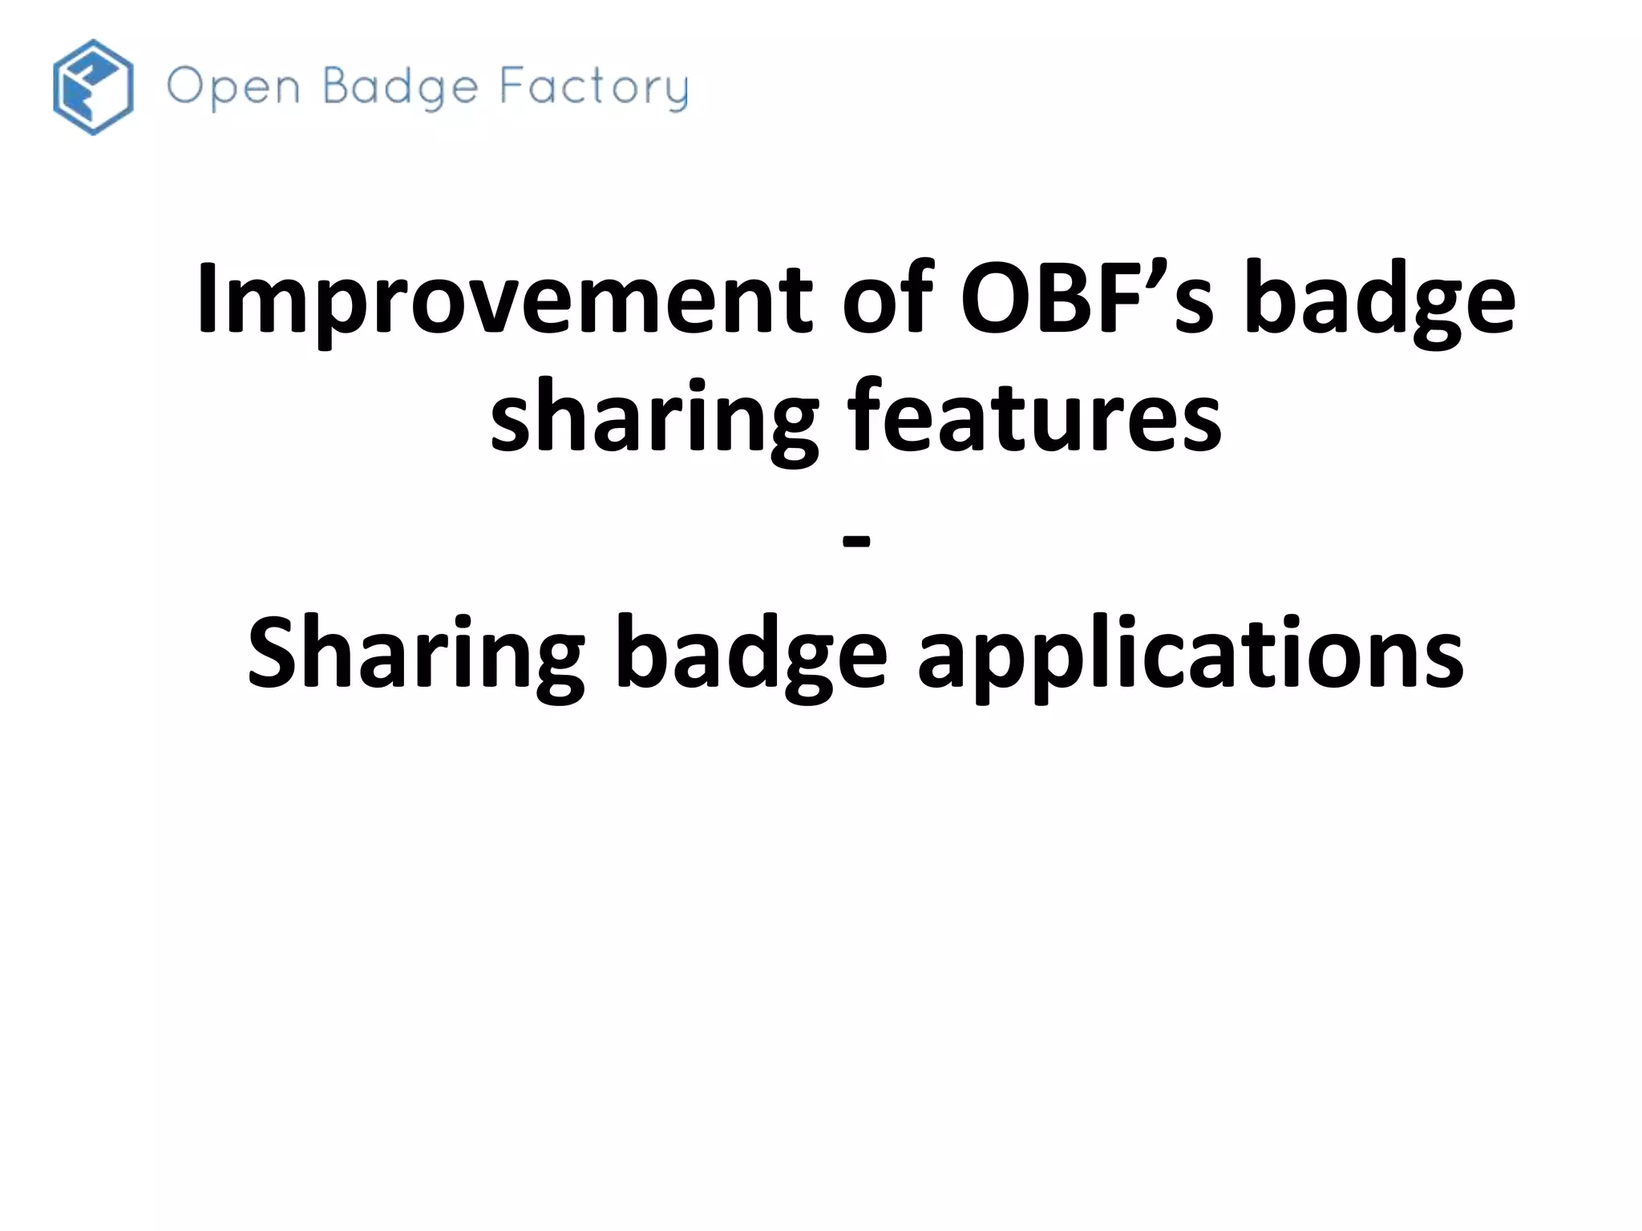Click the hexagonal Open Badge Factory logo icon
click(93, 87)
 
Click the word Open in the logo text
click(233, 87)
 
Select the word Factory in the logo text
click(594, 87)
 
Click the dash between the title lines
click(856, 542)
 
